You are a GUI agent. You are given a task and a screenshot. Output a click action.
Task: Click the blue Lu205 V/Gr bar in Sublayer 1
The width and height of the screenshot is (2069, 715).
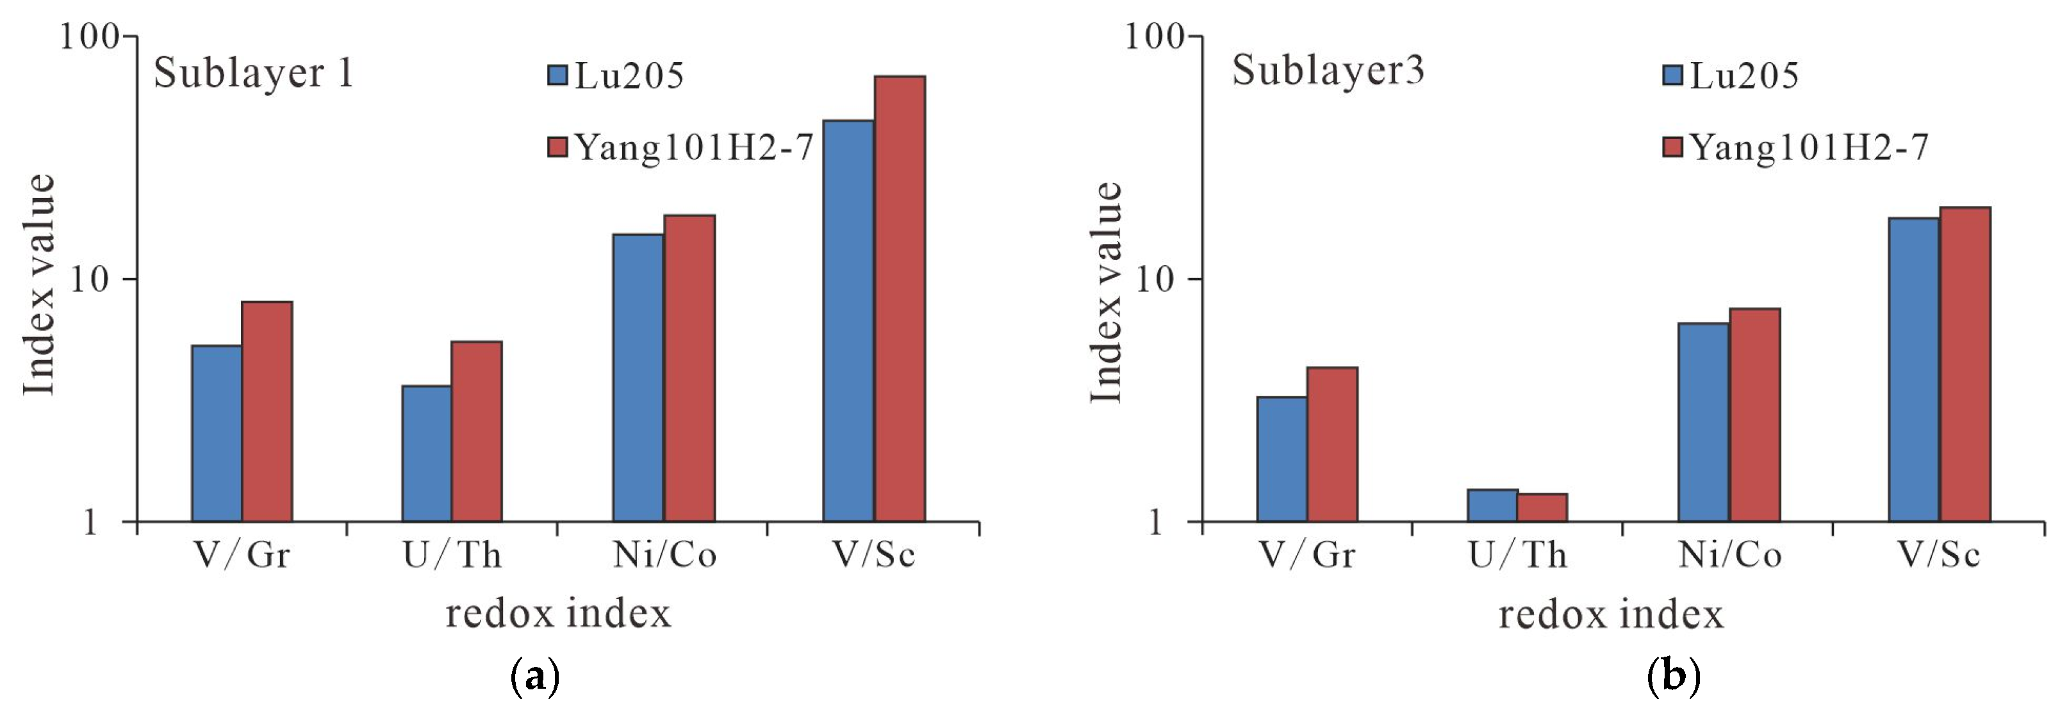pos(217,434)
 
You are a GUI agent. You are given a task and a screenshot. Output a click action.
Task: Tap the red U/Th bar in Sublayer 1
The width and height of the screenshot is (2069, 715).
pos(476,431)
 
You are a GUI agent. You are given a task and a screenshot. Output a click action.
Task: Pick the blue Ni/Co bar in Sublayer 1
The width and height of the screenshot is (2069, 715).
pos(638,377)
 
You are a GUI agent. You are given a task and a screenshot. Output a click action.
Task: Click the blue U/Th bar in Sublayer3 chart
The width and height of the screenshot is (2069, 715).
pos(1492,505)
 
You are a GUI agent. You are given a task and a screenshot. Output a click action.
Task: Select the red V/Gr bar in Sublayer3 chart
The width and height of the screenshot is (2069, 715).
pos(1331,444)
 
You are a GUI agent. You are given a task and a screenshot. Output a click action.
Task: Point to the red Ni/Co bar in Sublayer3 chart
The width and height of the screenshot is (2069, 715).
pos(1754,415)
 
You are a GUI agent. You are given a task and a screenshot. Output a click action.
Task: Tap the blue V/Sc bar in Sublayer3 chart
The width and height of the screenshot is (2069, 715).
pos(1913,370)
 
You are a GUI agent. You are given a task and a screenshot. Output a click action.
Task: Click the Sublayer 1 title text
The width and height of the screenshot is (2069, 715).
pos(253,73)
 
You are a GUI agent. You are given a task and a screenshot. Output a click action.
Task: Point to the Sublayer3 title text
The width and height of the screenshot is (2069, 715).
pos(1328,70)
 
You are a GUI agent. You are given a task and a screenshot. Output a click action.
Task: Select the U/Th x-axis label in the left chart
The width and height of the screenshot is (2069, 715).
pos(452,555)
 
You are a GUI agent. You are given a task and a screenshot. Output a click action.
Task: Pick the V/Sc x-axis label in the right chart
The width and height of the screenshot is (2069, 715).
pos(1939,555)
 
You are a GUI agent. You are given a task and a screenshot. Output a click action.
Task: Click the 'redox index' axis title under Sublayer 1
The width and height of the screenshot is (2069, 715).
pos(558,614)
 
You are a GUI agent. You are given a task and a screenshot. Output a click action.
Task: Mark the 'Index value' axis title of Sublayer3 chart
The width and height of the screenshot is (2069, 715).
pos(1105,293)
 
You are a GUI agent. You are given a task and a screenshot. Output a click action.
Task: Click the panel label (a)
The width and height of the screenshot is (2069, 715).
pos(534,677)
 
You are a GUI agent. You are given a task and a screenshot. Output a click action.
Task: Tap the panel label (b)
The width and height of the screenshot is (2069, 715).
pos(1673,677)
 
